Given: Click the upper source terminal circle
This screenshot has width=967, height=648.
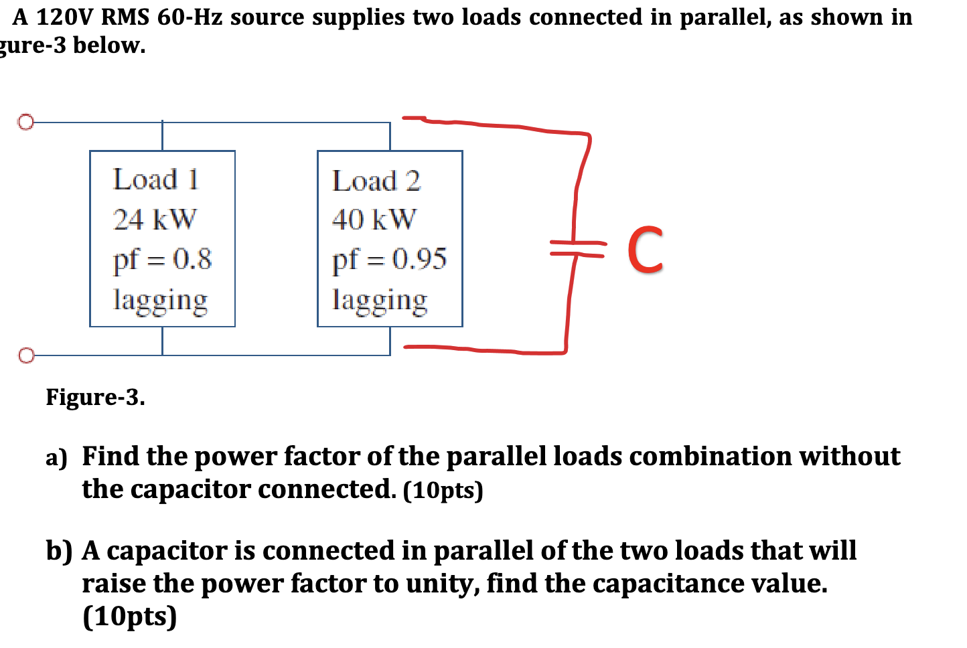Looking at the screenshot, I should click(25, 123).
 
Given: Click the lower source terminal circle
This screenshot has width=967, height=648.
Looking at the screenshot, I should click(25, 355).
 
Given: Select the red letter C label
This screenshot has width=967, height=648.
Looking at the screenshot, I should click(645, 250).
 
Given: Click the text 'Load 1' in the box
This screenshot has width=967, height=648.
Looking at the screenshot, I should click(156, 179).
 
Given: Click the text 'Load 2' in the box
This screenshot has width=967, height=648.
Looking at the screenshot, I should click(376, 181).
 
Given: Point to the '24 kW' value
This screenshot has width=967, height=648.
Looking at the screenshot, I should click(155, 219).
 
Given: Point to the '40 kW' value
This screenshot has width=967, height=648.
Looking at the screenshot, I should click(374, 219).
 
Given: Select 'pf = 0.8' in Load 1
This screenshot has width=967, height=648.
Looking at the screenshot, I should click(162, 259).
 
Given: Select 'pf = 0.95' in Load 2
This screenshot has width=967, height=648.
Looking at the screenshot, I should click(389, 259).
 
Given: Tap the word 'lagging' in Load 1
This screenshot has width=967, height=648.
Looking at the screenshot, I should click(161, 300).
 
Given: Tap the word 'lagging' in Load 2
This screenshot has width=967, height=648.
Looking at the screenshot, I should click(380, 300).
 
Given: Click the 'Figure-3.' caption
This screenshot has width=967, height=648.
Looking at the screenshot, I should click(95, 397).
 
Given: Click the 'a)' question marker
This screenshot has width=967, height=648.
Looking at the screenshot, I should click(57, 458).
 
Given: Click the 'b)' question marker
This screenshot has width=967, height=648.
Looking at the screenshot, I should click(59, 551).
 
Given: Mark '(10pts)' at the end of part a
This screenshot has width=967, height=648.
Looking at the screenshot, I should click(443, 491).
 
